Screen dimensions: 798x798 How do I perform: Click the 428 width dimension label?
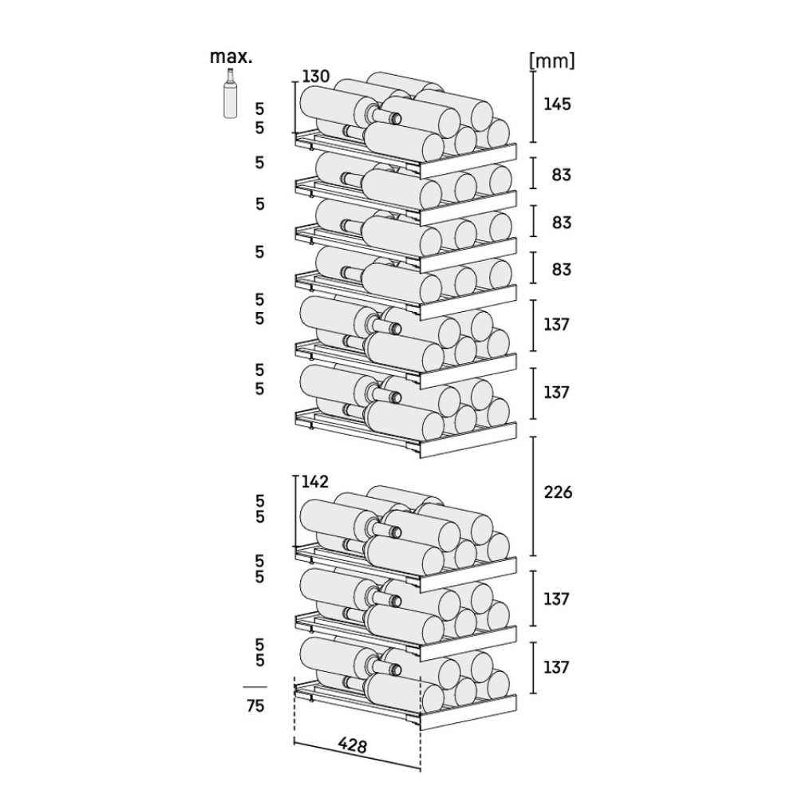(352, 745)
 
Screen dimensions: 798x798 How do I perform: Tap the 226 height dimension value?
(558, 492)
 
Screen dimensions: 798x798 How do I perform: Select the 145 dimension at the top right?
(557, 105)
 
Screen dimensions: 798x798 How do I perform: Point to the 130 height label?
(316, 77)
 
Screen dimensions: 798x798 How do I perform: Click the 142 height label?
(315, 481)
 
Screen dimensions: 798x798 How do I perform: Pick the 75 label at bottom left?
(255, 706)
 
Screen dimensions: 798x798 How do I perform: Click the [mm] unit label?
(552, 61)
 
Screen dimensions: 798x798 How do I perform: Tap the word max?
(231, 57)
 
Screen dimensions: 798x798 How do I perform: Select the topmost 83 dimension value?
(561, 175)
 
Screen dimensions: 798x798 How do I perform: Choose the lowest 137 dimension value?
(555, 666)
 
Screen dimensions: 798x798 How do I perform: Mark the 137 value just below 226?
(555, 599)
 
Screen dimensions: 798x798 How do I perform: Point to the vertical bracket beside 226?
(533, 496)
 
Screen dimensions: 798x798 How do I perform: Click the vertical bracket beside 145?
(533, 107)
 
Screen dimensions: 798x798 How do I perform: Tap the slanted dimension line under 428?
(358, 757)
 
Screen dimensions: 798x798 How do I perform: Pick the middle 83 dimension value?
(561, 223)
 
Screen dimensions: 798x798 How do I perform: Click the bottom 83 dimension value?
(561, 269)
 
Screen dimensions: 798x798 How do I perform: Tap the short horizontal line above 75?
(255, 687)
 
